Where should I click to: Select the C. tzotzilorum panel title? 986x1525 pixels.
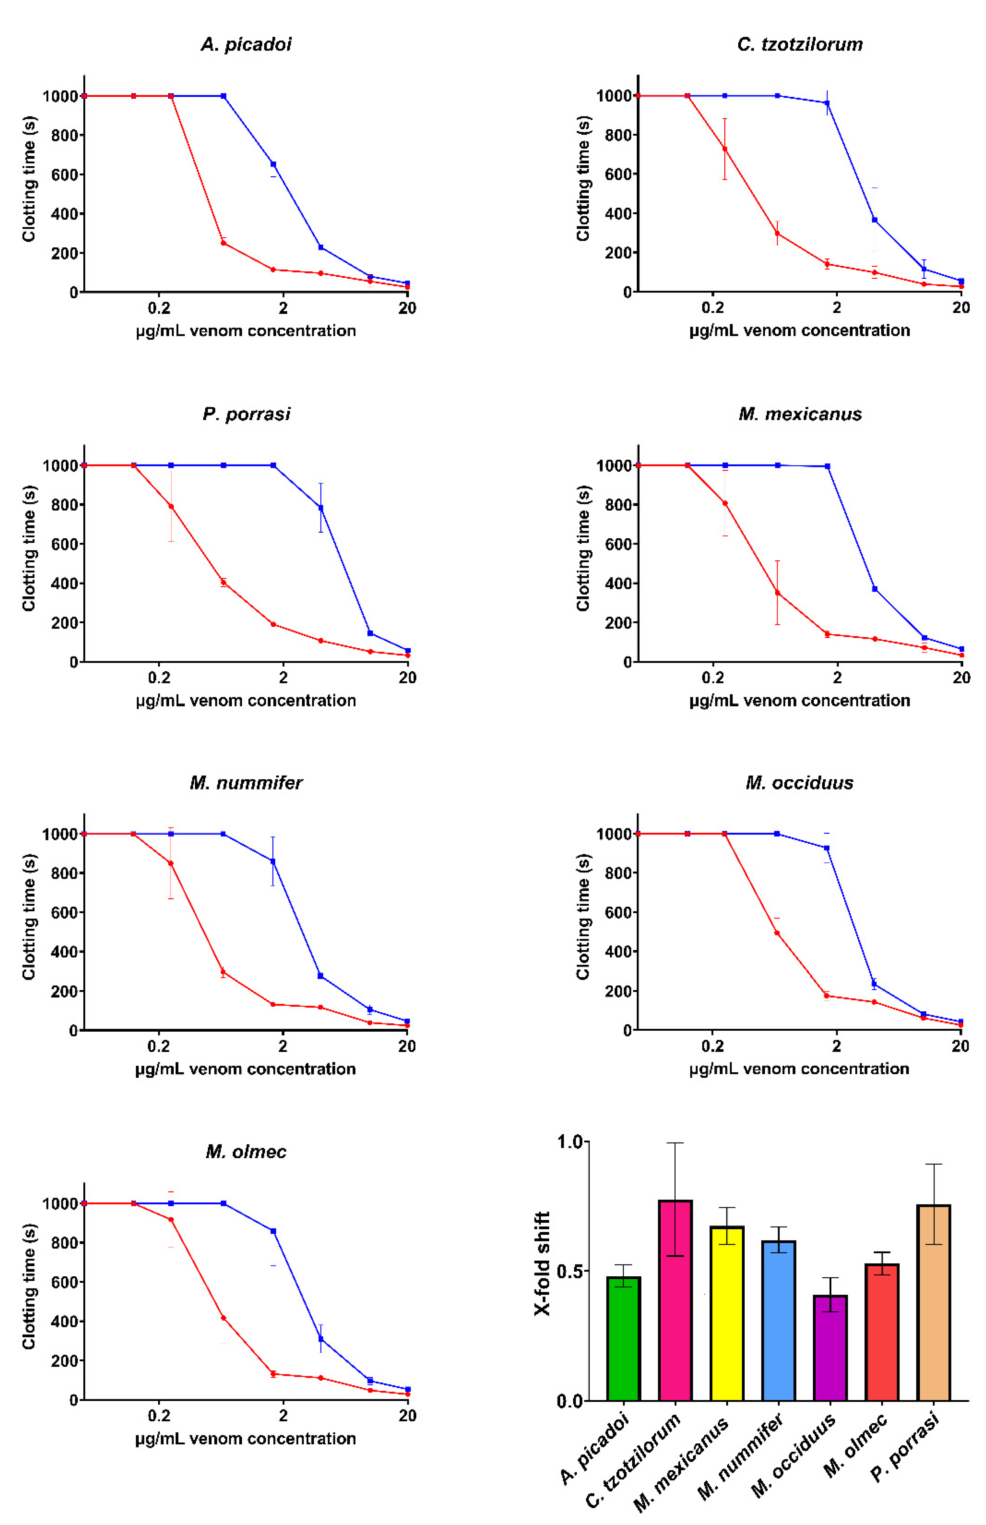(x=800, y=44)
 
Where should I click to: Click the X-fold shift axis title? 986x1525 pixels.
(x=542, y=1263)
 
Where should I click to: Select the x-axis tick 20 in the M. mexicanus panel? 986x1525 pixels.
(x=961, y=678)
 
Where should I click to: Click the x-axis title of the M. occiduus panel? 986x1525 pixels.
(x=799, y=1069)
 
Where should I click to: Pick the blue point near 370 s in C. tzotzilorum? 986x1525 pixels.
(x=875, y=220)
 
